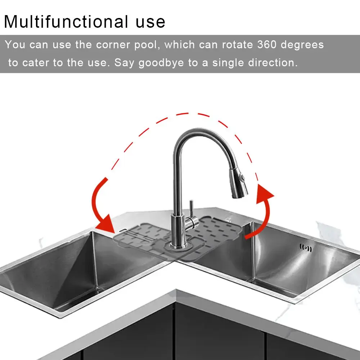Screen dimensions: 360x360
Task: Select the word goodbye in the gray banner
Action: click(161, 63)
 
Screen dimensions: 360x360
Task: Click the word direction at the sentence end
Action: click(273, 63)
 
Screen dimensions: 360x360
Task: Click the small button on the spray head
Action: click(244, 178)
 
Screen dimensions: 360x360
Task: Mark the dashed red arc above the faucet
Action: click(187, 114)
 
